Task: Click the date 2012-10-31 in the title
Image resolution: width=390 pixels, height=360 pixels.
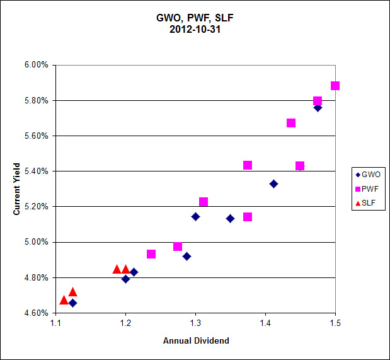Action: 195,29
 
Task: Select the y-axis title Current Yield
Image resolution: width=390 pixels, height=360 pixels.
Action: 18,189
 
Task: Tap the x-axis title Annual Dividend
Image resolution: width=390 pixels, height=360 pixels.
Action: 196,341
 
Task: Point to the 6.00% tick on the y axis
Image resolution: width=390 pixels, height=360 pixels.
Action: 36,65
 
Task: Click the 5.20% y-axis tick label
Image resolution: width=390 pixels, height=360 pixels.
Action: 36,207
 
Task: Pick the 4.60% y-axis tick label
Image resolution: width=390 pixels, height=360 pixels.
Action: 36,313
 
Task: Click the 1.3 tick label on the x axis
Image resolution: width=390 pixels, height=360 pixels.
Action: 195,323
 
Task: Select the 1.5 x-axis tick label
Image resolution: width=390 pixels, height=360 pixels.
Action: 335,323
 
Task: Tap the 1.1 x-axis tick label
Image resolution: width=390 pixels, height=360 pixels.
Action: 56,323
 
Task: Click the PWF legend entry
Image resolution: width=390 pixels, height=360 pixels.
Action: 368,189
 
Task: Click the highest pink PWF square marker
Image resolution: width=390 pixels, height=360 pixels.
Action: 335,86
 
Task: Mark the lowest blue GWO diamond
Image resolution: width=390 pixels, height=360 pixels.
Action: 73,303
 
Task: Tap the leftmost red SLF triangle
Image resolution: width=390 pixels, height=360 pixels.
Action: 64,300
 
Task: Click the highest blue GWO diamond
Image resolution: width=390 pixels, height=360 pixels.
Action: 318,108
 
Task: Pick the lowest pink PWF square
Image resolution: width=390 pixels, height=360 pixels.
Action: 151,254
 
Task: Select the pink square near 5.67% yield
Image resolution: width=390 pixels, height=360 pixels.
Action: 291,123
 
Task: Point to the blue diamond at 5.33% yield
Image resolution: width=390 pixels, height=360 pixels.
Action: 273,183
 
